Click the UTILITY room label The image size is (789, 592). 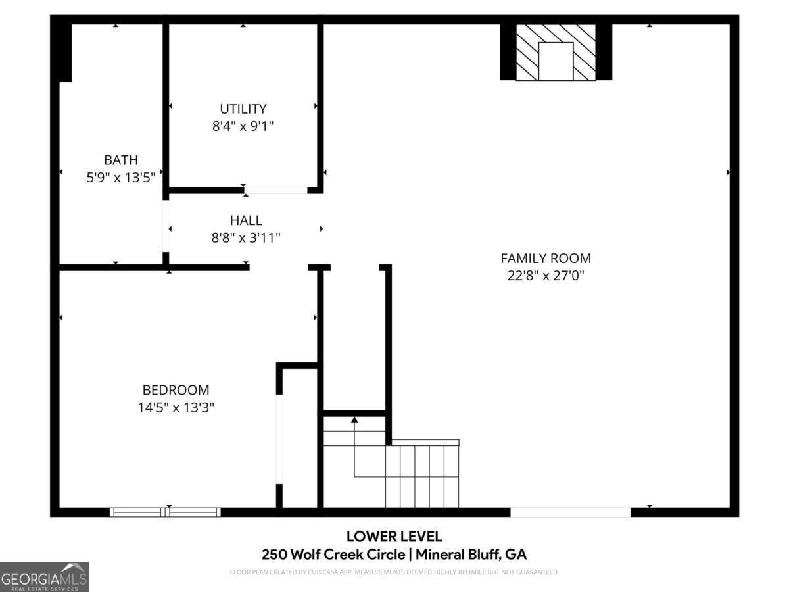[x=243, y=109]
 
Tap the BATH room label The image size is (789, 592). [x=121, y=160]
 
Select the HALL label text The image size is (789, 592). [x=246, y=220]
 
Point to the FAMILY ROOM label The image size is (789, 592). [x=546, y=259]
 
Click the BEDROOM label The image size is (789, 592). [x=176, y=390]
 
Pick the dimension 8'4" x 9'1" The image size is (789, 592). [x=243, y=126]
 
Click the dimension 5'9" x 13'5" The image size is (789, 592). [x=121, y=177]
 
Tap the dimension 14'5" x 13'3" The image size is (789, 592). [x=176, y=408]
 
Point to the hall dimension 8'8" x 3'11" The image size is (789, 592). [x=246, y=237]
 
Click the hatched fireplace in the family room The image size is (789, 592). [x=556, y=53]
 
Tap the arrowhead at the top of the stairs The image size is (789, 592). [x=355, y=419]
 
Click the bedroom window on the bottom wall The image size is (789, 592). [x=165, y=512]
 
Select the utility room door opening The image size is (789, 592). [x=275, y=191]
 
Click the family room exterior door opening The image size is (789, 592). [x=570, y=512]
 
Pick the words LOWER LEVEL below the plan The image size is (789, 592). [x=394, y=537]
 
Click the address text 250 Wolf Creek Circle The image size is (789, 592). [x=333, y=555]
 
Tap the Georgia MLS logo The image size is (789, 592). [x=45, y=577]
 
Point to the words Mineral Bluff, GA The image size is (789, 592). [x=471, y=555]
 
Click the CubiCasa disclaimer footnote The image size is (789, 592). [x=394, y=572]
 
